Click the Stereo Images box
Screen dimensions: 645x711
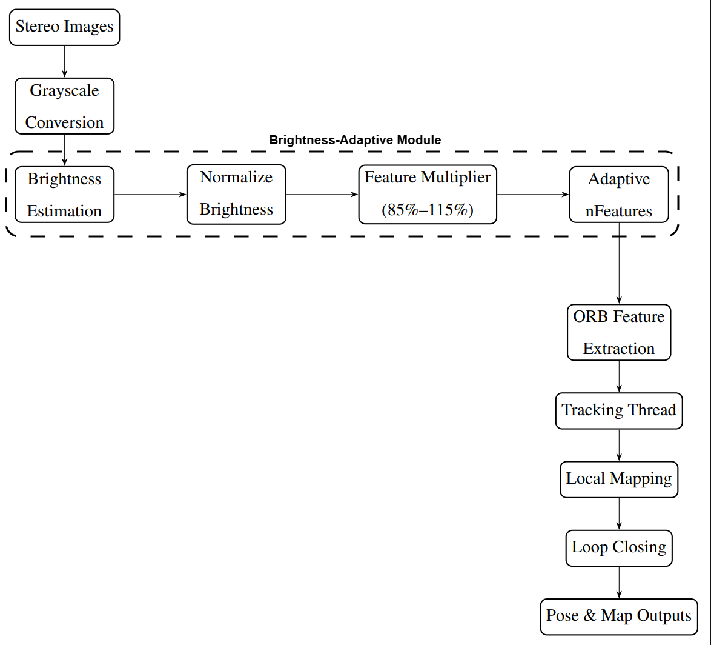pyautogui.click(x=64, y=27)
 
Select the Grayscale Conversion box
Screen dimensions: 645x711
pyautogui.click(x=64, y=106)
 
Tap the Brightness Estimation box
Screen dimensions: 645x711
pyautogui.click(x=64, y=195)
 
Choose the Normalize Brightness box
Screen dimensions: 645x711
pyautogui.click(x=236, y=194)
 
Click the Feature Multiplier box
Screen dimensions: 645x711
pyautogui.click(x=428, y=194)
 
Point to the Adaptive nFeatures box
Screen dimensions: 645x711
pyautogui.click(x=619, y=195)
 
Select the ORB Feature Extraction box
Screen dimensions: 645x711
pyautogui.click(x=619, y=332)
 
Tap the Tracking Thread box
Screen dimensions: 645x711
pyautogui.click(x=619, y=411)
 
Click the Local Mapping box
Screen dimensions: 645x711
pyautogui.click(x=619, y=480)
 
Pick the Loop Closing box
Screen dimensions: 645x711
pyautogui.click(x=619, y=548)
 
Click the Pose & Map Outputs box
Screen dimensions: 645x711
pyautogui.click(x=619, y=617)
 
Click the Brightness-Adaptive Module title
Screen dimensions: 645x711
pyautogui.click(x=355, y=140)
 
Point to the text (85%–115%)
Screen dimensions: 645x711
pyautogui.click(x=428, y=210)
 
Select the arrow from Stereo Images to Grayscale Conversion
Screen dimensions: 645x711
pyautogui.click(x=64, y=61)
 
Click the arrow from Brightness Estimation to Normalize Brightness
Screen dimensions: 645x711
pyautogui.click(x=150, y=195)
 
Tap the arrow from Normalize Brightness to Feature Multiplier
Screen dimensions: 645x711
pyautogui.click(x=322, y=195)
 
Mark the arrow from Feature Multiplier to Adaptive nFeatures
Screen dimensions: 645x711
pyautogui.click(x=533, y=195)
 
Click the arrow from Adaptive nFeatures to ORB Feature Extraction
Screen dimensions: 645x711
pyautogui.click(x=619, y=264)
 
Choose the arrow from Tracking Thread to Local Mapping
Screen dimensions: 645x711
pyautogui.click(x=619, y=446)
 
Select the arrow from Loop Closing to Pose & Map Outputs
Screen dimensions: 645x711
pyautogui.click(x=619, y=583)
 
